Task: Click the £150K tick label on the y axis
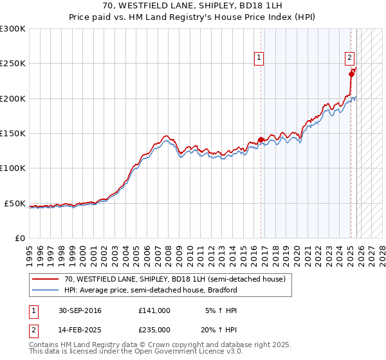[x=13, y=134]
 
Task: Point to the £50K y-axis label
[x=15, y=203]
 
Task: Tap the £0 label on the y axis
[x=20, y=238]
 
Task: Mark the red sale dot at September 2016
[x=261, y=139]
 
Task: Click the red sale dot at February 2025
[x=351, y=74]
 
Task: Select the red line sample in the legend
[x=45, y=279]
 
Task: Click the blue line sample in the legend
[x=45, y=290]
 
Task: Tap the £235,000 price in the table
[x=154, y=329]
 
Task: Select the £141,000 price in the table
[x=154, y=310]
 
